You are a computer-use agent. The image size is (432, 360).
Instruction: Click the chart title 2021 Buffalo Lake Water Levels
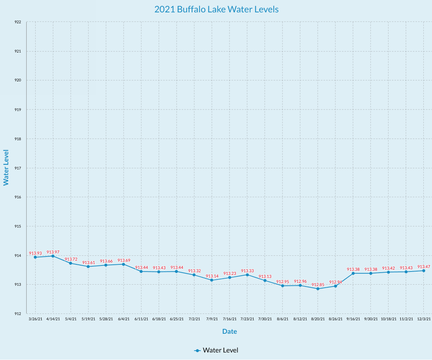pos(216,9)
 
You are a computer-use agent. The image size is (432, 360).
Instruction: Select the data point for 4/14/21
pos(53,256)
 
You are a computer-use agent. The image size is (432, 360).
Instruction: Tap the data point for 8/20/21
pos(318,289)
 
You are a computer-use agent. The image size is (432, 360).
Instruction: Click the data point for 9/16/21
pos(353,273)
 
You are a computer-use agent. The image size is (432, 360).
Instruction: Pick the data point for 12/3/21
pos(424,271)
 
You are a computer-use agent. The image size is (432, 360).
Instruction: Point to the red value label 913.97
pos(53,252)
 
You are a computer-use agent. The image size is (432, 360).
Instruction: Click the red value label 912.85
pos(318,285)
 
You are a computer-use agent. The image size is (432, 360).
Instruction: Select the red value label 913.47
pos(424,267)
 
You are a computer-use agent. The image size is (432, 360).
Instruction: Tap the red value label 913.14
pos(212,276)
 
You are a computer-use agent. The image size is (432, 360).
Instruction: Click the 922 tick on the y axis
pos(18,22)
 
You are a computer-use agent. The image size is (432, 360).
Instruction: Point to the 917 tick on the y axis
pos(18,168)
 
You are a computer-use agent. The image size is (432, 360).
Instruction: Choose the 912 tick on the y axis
pos(18,314)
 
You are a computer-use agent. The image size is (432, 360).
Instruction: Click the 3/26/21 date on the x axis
pos(35,319)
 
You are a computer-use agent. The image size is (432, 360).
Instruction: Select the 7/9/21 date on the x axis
pos(212,319)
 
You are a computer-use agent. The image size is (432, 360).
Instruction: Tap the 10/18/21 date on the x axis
pos(388,319)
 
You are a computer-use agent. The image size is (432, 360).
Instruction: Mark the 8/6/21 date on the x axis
pos(282,319)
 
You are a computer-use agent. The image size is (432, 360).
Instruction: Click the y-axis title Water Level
pos(6,167)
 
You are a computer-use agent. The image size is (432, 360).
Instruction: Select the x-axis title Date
pos(229,331)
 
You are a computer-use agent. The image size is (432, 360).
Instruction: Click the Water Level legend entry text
pos(220,350)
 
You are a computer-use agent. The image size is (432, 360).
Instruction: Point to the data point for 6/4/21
pos(123,264)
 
